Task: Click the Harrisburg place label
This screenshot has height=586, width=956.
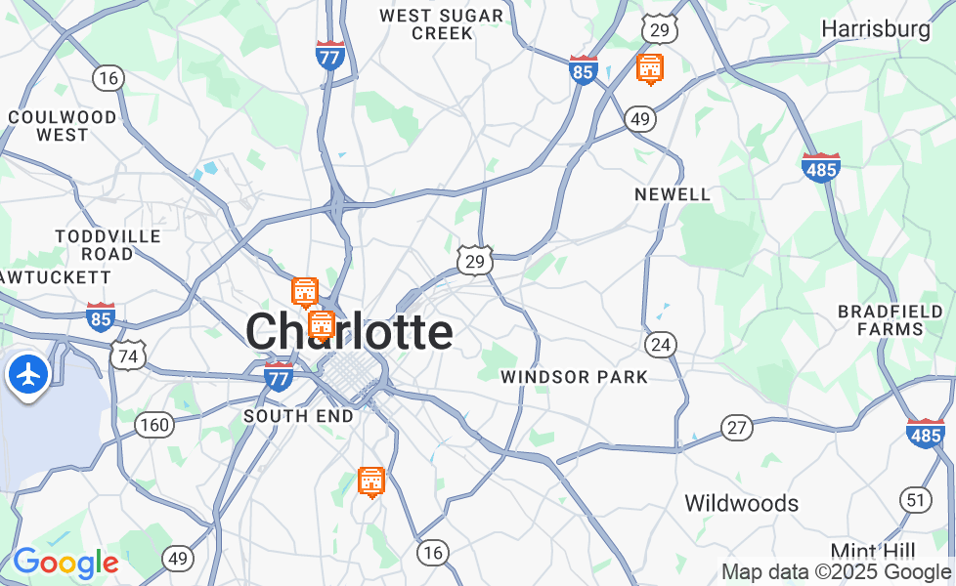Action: coord(876,29)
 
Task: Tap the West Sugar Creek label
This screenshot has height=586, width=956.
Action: coord(442,23)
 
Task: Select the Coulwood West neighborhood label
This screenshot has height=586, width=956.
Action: coord(63,126)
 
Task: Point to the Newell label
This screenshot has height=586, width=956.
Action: coord(673,194)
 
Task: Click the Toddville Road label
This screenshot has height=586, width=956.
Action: coord(94,245)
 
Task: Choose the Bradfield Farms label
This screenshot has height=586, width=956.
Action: coord(891,320)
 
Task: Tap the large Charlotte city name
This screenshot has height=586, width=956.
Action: coord(349,332)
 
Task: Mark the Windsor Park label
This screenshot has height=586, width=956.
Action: coord(574,377)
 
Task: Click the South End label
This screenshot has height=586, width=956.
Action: coord(298,416)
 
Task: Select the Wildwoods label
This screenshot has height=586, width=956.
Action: coord(741,504)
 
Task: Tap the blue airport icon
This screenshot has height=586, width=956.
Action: coord(29,374)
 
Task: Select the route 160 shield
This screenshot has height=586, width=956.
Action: coord(154,425)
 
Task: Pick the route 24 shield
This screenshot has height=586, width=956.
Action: coord(661,344)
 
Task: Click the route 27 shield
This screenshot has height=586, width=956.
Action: coord(737,427)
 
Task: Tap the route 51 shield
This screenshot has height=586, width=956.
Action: coord(916,500)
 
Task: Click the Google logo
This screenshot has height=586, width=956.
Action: coord(65,563)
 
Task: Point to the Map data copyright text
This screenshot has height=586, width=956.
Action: coord(836,572)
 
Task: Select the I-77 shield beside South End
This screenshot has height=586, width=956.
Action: coord(280,376)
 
